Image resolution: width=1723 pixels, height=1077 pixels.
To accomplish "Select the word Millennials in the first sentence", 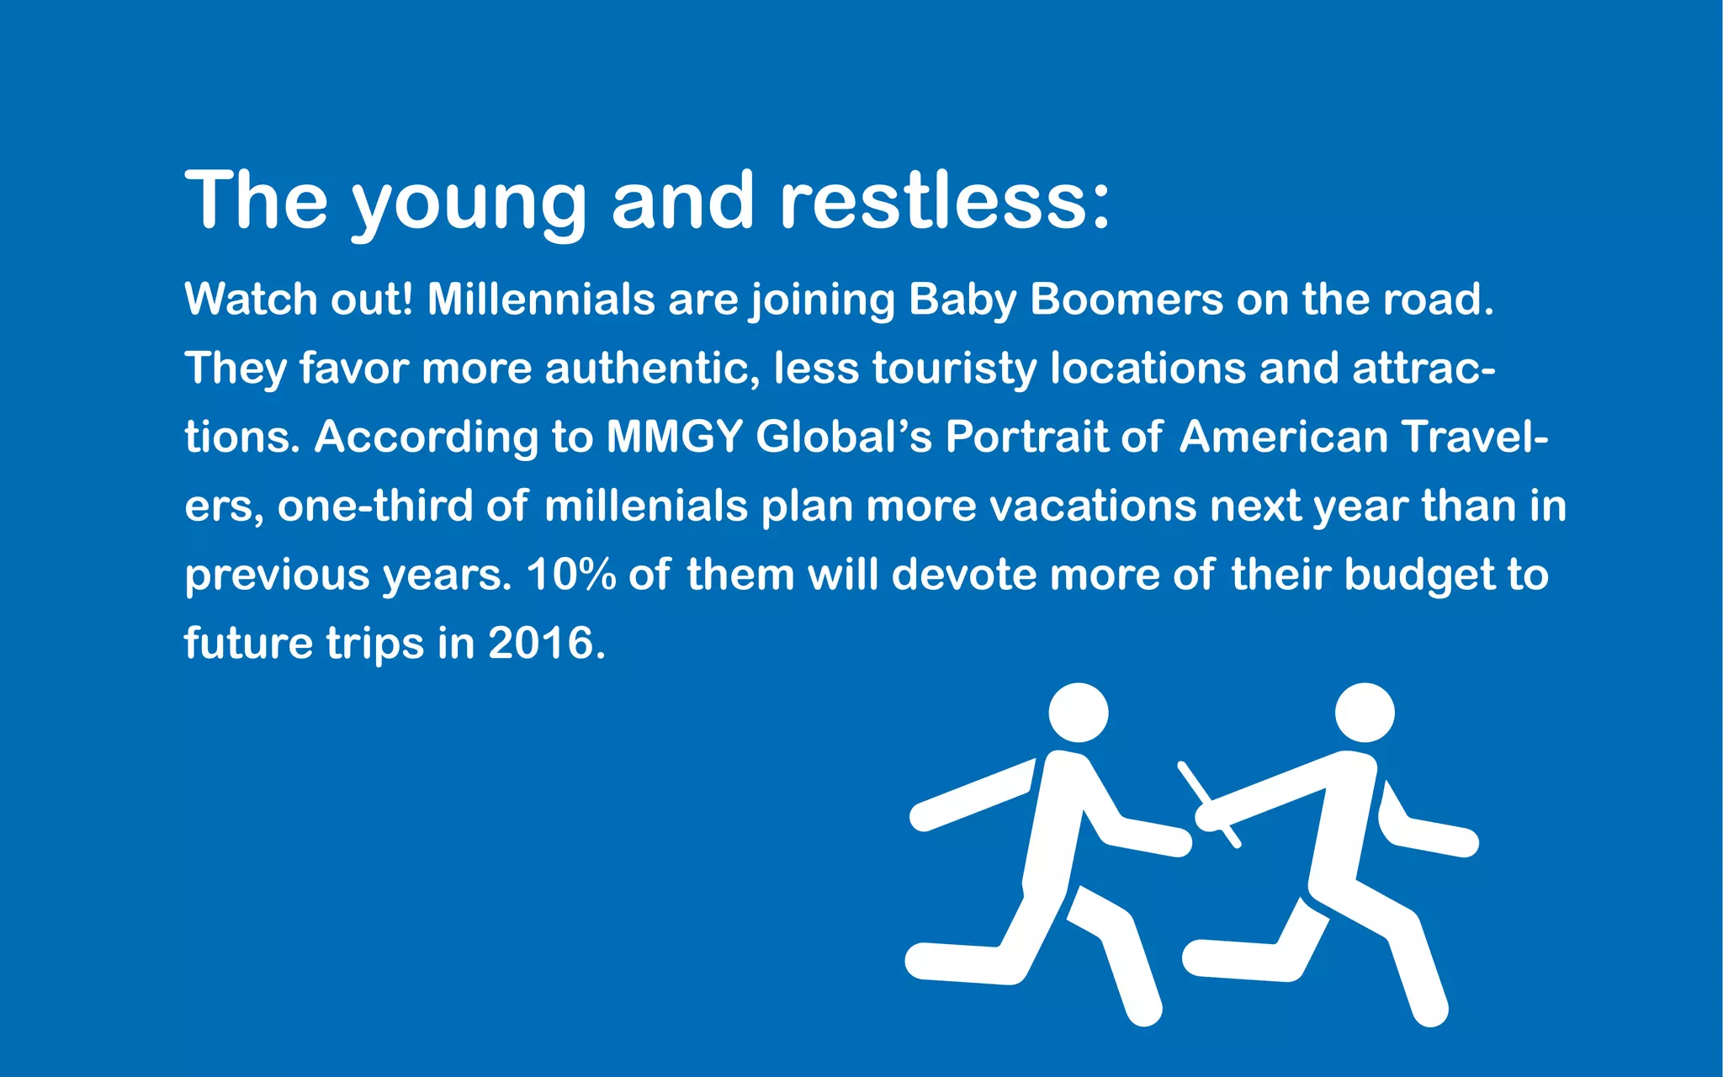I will [541, 300].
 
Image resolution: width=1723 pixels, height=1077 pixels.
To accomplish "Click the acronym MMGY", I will [674, 438].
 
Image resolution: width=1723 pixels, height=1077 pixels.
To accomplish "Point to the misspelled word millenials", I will [645, 507].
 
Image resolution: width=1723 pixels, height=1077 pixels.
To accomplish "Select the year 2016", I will [541, 644].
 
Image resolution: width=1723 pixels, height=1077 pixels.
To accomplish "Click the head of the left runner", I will [1079, 713].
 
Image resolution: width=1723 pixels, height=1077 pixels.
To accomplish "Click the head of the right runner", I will [1365, 713].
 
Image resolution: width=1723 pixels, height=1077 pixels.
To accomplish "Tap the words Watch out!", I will [299, 300].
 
